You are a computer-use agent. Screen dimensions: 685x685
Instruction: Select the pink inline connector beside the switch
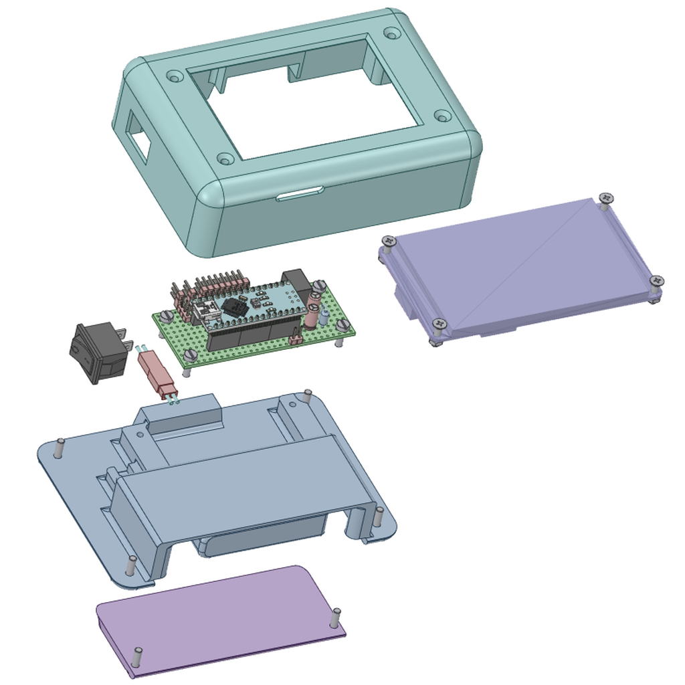[157, 373]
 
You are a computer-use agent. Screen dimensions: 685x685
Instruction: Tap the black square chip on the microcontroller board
[233, 307]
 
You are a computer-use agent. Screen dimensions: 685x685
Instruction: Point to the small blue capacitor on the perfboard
[324, 316]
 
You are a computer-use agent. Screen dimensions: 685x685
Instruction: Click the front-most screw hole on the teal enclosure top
[225, 159]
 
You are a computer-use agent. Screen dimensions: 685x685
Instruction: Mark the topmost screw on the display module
[606, 198]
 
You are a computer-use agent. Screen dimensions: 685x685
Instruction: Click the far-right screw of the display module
[657, 281]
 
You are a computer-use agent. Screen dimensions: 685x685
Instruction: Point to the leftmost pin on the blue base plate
[60, 447]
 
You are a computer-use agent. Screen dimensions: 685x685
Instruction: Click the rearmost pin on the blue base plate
[307, 395]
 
